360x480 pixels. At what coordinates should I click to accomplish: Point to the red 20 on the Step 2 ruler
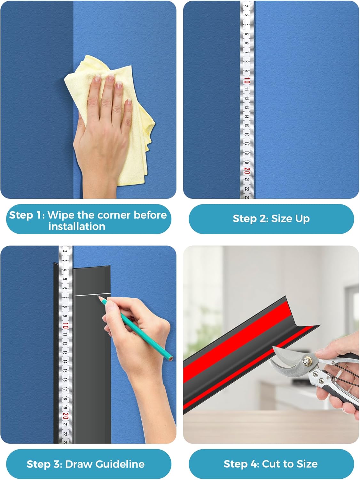(247, 171)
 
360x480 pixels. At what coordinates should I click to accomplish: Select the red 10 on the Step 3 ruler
(66, 326)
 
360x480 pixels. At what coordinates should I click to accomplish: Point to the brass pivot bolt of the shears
(308, 361)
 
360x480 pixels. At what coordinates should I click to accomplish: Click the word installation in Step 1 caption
(77, 227)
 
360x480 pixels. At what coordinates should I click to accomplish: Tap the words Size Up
(290, 219)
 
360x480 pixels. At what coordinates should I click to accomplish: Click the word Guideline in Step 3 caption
(120, 464)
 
